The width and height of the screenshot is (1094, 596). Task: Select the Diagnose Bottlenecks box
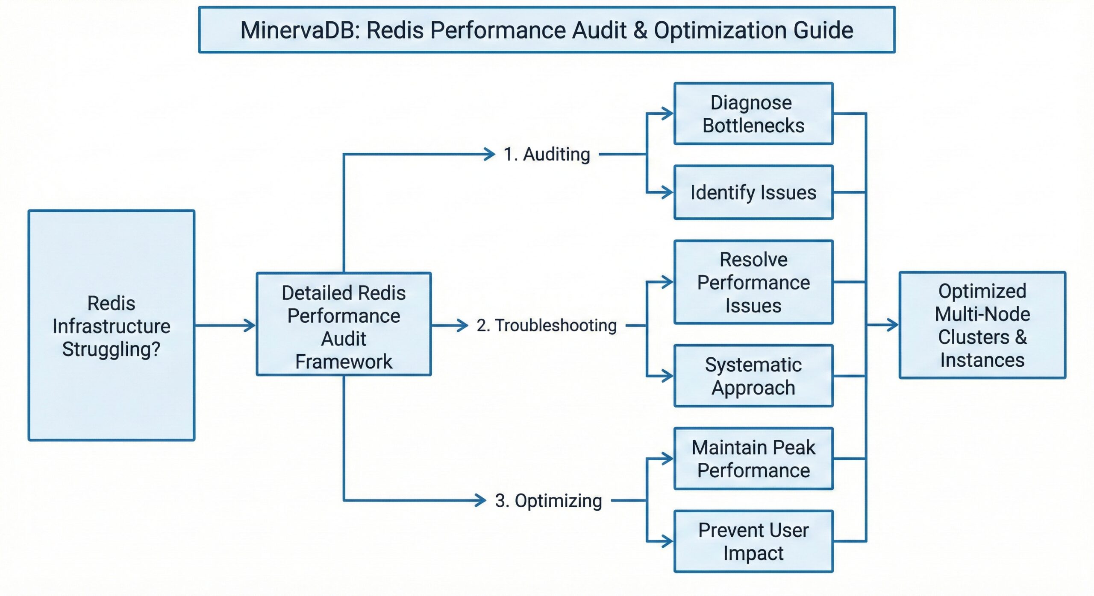click(753, 114)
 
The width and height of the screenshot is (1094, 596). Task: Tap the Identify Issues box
click(753, 193)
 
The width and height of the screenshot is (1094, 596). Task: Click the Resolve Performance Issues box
click(753, 282)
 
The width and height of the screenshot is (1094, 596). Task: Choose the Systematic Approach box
click(753, 376)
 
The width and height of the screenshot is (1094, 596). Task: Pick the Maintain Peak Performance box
click(753, 459)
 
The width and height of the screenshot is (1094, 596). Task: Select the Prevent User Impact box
click(753, 541)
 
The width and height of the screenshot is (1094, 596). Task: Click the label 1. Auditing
click(547, 155)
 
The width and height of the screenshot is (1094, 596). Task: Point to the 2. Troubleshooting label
click(547, 326)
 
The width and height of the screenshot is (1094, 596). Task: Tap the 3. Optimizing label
click(548, 501)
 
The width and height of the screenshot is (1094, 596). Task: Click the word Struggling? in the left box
click(111, 349)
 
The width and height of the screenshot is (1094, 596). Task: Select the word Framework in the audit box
click(344, 362)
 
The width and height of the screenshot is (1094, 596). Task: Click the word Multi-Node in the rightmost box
click(982, 314)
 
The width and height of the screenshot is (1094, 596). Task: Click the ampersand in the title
click(640, 31)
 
